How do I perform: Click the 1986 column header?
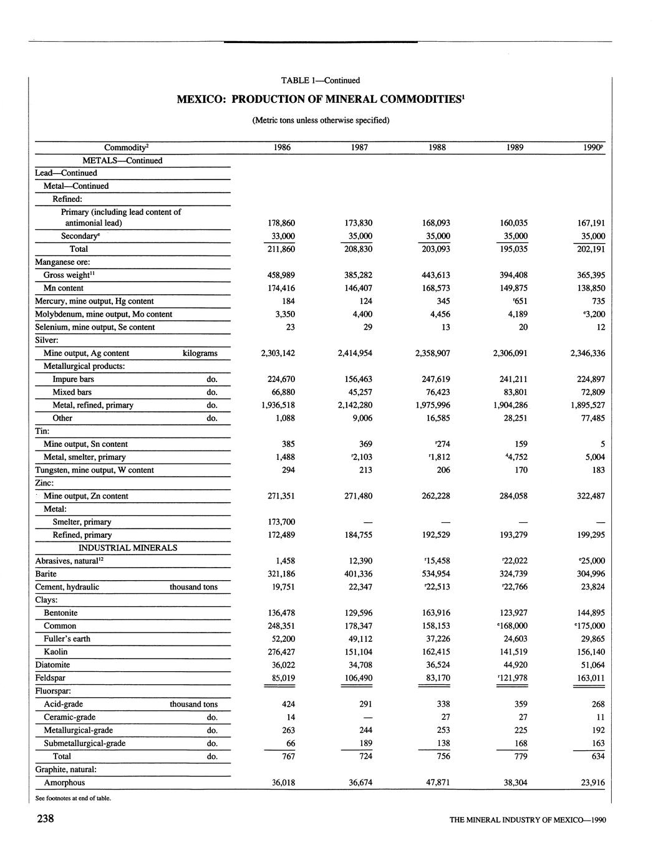pyautogui.click(x=281, y=148)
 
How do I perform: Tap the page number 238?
pyautogui.click(x=46, y=818)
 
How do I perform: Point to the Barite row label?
pyautogui.click(x=46, y=574)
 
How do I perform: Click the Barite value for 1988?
pyautogui.click(x=437, y=574)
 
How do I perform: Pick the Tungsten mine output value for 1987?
pyautogui.click(x=365, y=471)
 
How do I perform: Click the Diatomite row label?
pyautogui.click(x=52, y=665)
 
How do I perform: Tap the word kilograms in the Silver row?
pyautogui.click(x=200, y=353)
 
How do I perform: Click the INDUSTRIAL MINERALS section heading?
pyautogui.click(x=128, y=548)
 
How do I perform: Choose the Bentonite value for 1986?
pyautogui.click(x=281, y=613)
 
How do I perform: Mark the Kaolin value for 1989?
pyautogui.click(x=514, y=652)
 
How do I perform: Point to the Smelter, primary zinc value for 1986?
pyautogui.click(x=281, y=522)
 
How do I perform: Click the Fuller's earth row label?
pyautogui.click(x=67, y=639)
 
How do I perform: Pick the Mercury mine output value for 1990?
pyautogui.click(x=597, y=301)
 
